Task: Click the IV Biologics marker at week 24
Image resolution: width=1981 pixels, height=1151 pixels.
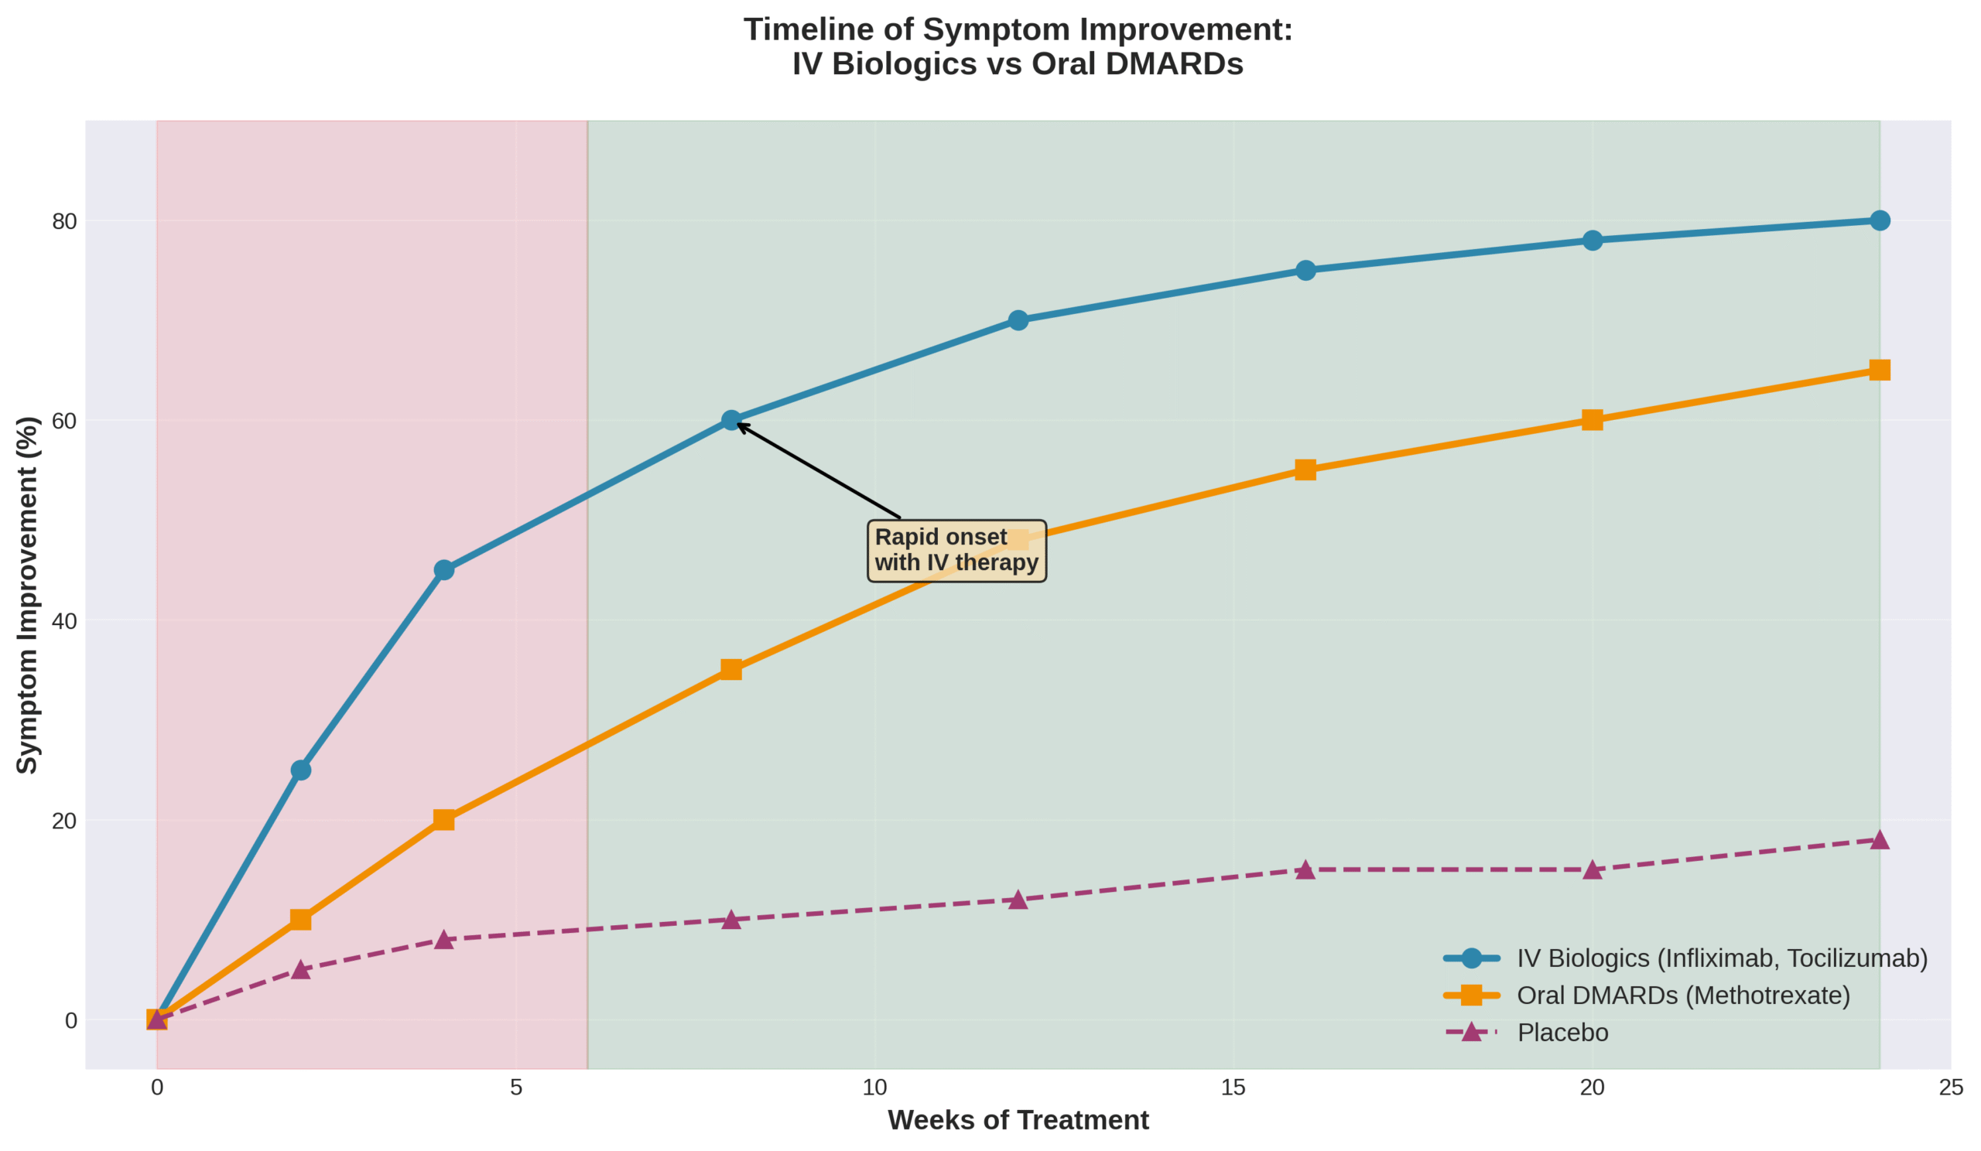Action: click(x=1880, y=220)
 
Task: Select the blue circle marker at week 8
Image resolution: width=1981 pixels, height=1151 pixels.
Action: click(x=731, y=420)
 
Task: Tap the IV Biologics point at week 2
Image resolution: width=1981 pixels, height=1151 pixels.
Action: click(x=300, y=770)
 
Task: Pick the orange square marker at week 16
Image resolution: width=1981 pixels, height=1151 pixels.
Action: click(x=1305, y=470)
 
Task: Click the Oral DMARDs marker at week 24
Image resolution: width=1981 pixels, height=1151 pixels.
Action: click(x=1880, y=370)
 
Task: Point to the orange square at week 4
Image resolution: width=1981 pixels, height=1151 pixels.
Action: click(x=444, y=820)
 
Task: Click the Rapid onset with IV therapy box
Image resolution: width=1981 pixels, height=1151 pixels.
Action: click(x=956, y=550)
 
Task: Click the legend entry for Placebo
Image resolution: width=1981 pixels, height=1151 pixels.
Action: click(x=1562, y=1033)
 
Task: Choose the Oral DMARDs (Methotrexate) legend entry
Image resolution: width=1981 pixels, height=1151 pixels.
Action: click(x=1682, y=996)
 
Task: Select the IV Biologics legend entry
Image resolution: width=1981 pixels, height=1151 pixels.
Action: click(x=1722, y=958)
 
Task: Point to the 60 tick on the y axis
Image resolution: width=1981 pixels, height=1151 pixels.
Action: click(x=64, y=421)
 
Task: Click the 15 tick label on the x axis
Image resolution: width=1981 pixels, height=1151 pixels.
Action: click(x=1233, y=1088)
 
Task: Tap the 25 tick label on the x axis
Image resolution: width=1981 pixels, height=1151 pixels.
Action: click(x=1950, y=1088)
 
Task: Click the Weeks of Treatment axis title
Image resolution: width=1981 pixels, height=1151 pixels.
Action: click(x=1018, y=1120)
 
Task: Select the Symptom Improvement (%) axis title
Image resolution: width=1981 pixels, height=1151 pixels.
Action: click(x=28, y=595)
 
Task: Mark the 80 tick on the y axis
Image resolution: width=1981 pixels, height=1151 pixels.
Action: click(x=64, y=221)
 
